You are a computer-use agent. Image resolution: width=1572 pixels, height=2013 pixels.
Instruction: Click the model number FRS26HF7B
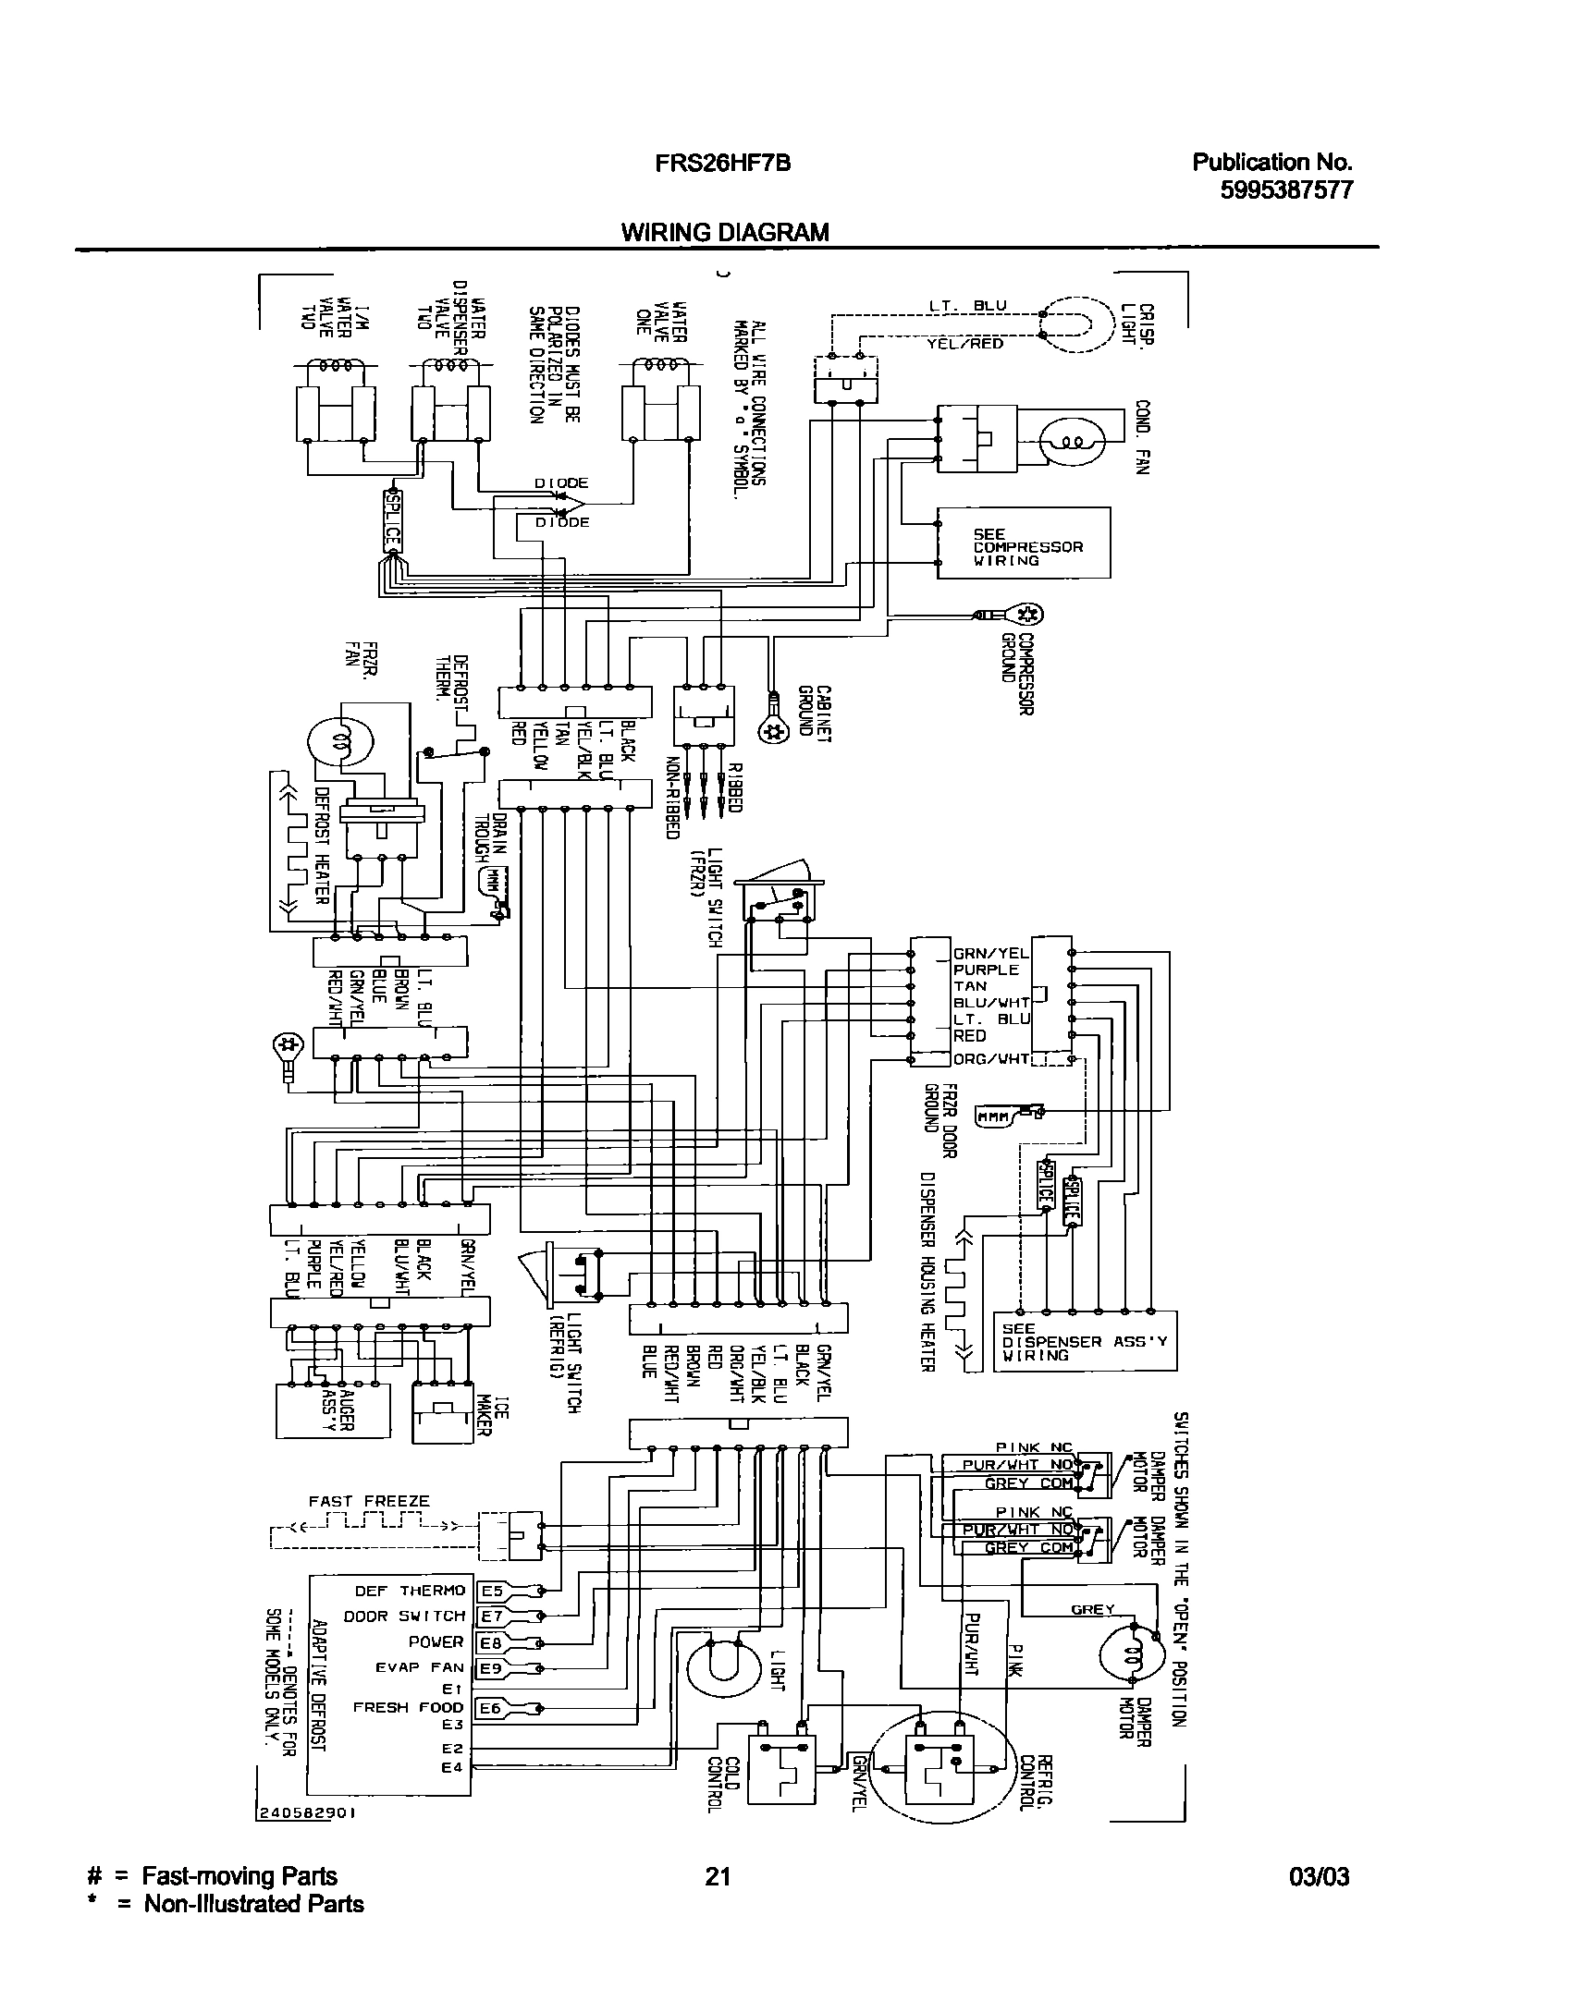coord(710,164)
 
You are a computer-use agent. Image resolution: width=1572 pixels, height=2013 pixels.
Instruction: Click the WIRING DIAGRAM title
coord(724,232)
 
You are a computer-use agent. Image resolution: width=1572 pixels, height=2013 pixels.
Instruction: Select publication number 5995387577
coord(1287,190)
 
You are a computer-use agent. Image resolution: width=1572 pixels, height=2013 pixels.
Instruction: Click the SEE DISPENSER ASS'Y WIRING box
coord(1085,1341)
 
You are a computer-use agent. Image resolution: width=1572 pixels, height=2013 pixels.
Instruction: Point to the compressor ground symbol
coord(1027,614)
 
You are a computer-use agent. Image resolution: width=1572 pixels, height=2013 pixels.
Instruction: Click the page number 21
coord(718,1876)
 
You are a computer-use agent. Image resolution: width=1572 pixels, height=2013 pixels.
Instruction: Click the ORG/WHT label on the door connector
coord(990,1059)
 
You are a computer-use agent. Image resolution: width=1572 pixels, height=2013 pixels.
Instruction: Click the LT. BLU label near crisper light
coord(967,306)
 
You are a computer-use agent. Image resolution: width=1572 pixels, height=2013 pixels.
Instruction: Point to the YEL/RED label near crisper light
coord(965,343)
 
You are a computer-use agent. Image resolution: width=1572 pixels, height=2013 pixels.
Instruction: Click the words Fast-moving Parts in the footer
coord(239,1876)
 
